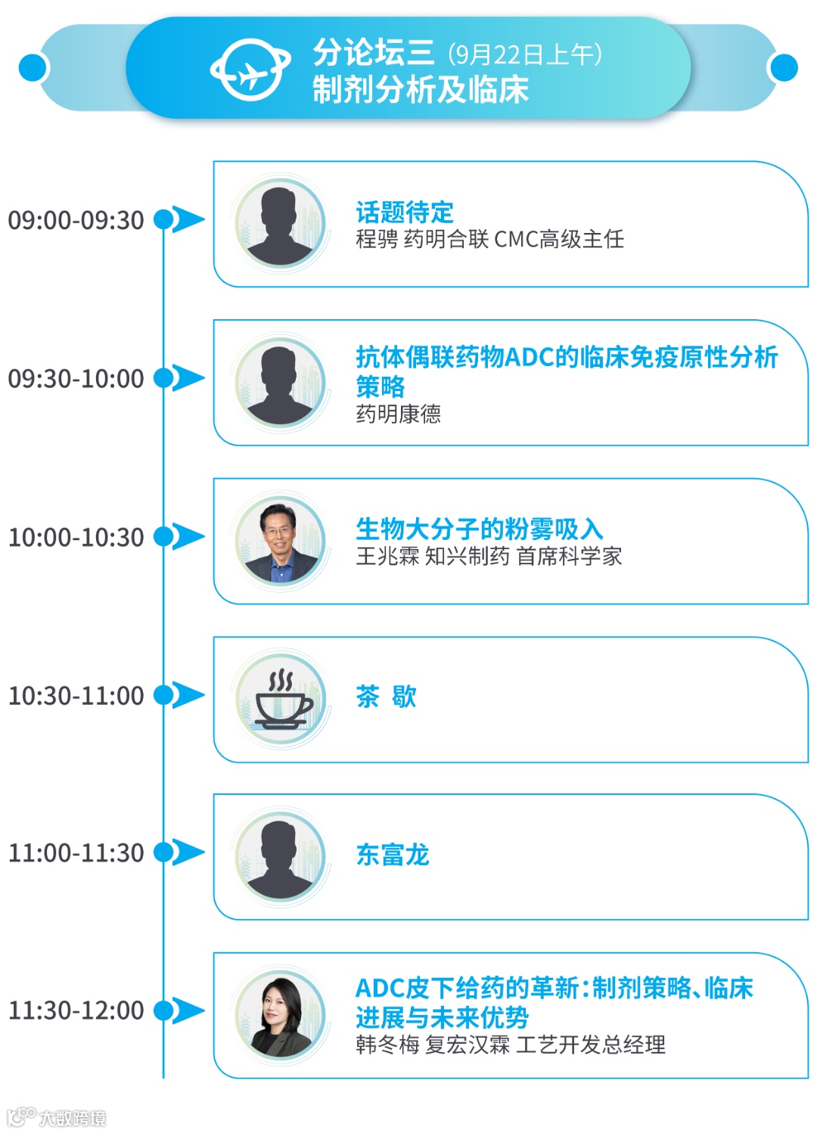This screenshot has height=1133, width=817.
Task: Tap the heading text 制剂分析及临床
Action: point(421,90)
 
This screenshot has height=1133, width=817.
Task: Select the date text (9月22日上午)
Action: point(525,54)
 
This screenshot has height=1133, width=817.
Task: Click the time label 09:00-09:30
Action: point(76,220)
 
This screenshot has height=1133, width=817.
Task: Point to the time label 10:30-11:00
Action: point(76,695)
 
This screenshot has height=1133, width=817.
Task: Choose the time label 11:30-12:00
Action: point(76,1010)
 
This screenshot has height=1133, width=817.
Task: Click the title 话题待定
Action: point(405,212)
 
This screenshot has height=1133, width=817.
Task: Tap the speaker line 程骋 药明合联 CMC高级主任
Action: point(489,240)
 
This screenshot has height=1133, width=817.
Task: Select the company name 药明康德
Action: point(398,414)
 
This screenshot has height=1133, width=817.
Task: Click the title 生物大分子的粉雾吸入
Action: point(479,529)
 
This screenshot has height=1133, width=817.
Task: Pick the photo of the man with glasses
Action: point(281,540)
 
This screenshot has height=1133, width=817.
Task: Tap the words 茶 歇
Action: point(386,696)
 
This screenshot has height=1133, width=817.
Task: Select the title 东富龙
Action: point(393,855)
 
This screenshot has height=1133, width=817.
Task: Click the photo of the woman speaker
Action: point(281,1014)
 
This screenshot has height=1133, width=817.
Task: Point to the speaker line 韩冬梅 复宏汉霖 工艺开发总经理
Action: point(511,1045)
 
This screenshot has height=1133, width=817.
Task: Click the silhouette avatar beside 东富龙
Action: point(281,856)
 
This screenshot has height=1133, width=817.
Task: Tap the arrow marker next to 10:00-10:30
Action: point(187,536)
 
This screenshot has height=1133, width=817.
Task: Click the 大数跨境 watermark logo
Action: point(57,1117)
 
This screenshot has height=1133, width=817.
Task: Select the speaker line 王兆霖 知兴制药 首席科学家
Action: point(489,557)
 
